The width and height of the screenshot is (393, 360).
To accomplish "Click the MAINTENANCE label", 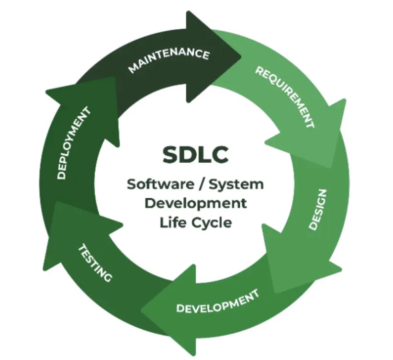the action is [x=168, y=60].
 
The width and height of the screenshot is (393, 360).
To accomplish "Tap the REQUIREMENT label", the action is [x=285, y=97].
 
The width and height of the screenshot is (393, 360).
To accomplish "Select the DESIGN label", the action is [x=318, y=210].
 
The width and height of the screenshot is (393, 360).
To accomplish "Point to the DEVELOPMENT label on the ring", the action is [x=217, y=301].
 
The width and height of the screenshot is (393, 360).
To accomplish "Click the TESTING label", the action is [x=95, y=263].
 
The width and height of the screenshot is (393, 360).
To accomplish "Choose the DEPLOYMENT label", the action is [x=73, y=143].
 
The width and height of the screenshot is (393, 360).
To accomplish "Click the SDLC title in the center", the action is [x=195, y=155].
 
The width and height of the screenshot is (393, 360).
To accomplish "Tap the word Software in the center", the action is [x=160, y=184].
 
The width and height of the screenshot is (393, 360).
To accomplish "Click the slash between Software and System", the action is [x=202, y=185].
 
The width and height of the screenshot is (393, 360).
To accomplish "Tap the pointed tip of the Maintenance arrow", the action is [x=241, y=57].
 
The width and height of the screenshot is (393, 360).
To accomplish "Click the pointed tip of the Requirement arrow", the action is [x=330, y=168].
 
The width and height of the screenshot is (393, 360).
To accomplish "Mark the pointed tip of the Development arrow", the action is [x=141, y=310].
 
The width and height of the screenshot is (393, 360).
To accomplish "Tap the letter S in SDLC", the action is [x=170, y=155].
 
